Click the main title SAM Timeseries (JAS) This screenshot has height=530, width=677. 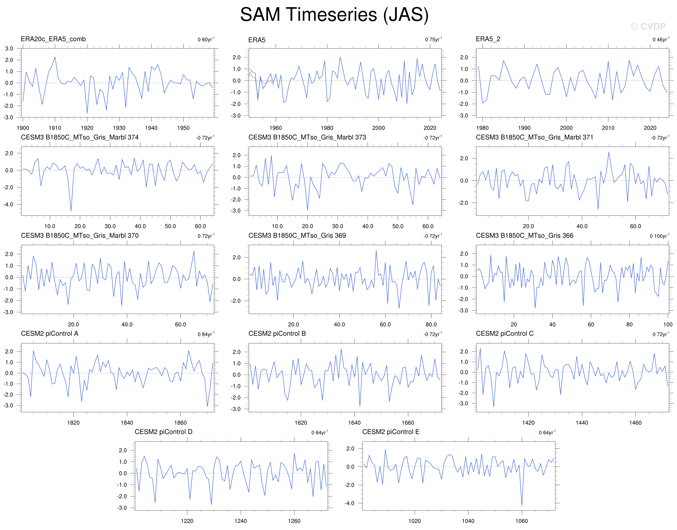point(334,15)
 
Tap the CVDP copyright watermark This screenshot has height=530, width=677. point(648,27)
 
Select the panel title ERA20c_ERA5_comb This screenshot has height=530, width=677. point(53,39)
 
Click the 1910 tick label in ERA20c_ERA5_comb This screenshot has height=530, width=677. point(55,128)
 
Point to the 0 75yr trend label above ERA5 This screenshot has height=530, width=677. point(434,39)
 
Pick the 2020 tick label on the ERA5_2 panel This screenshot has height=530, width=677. point(650,128)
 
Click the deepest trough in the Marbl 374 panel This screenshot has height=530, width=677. point(71,211)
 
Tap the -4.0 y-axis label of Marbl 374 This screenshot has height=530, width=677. point(8,205)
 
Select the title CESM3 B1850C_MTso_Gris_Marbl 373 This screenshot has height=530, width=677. point(307,137)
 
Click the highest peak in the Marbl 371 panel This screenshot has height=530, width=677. point(609,152)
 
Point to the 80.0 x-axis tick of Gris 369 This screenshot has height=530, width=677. point(431,324)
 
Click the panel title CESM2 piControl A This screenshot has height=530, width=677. point(50,334)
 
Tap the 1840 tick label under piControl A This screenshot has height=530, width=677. point(127,423)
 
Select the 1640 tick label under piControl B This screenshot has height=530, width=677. point(354,423)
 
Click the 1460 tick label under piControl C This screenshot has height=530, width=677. point(635,423)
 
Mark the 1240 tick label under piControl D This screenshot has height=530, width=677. point(241,521)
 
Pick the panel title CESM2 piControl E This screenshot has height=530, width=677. point(391,432)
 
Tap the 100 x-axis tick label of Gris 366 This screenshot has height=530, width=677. point(668,324)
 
